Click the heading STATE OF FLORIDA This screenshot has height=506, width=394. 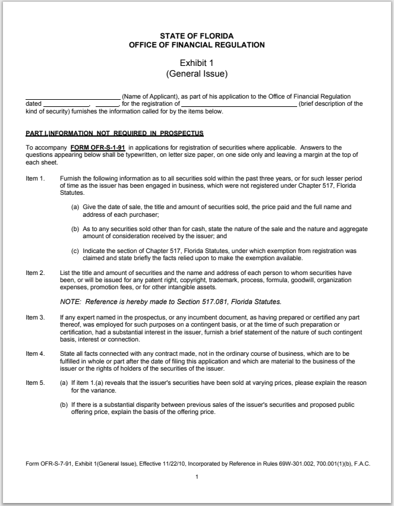point(197,36)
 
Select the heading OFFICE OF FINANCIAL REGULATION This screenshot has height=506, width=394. point(197,45)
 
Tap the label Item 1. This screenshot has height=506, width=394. point(35,178)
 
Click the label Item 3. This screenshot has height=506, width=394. point(35,318)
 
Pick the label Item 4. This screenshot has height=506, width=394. point(35,353)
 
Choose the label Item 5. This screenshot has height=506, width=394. point(35,382)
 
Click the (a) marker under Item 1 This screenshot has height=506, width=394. point(75,207)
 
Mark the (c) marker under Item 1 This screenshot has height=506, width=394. point(75,252)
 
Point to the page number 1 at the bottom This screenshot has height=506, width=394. point(197,479)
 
